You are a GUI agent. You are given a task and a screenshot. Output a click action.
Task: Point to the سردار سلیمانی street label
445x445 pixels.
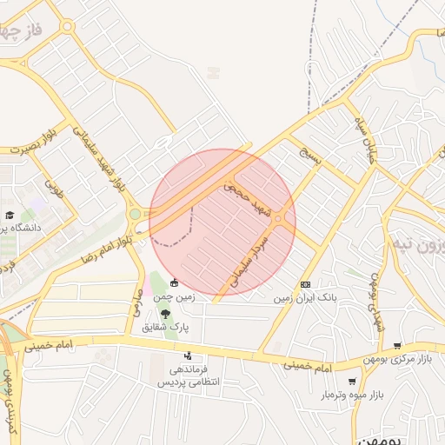(x=250, y=259)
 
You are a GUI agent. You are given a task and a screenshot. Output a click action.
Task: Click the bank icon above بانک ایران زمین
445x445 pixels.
(x=305, y=284)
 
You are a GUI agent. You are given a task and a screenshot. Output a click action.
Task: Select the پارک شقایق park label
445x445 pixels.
(x=167, y=328)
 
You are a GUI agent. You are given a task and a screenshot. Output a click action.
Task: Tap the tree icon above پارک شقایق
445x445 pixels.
(x=165, y=314)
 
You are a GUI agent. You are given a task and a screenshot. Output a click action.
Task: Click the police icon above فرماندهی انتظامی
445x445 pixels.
(x=188, y=356)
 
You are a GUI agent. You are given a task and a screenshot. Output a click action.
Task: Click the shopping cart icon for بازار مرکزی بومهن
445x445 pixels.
(x=398, y=345)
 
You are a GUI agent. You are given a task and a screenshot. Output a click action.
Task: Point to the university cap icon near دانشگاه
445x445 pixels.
(x=10, y=215)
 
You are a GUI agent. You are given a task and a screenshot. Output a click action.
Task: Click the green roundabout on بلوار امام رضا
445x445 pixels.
(x=135, y=214)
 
